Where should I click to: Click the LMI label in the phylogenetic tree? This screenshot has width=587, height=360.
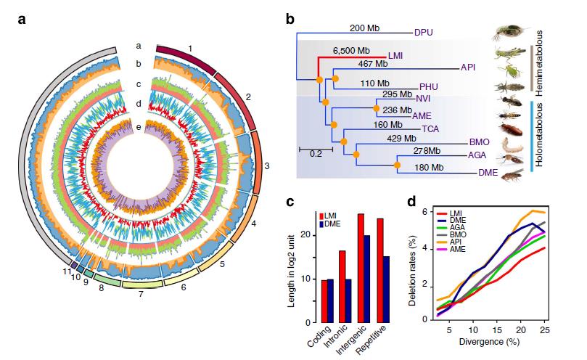pyautogui.click(x=396, y=56)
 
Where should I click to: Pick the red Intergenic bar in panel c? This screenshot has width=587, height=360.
pyautogui.click(x=361, y=268)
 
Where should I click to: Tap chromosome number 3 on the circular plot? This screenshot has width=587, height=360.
pyautogui.click(x=267, y=166)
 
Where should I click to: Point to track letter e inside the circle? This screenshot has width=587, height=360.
pyautogui.click(x=136, y=128)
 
